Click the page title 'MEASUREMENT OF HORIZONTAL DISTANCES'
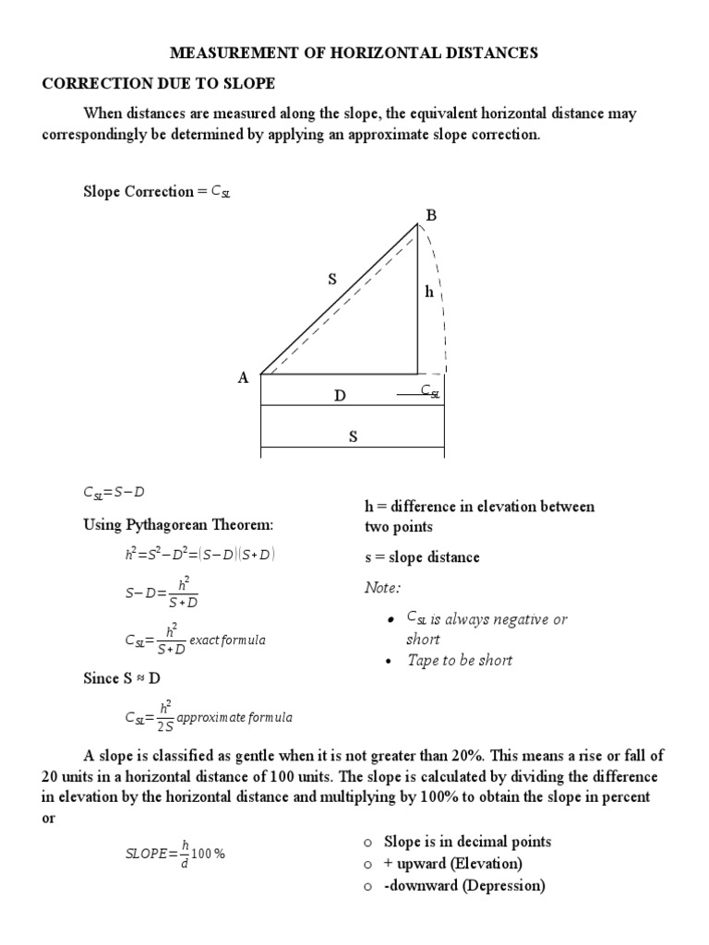[354, 54]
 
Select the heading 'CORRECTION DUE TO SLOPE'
[159, 84]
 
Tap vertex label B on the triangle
[429, 215]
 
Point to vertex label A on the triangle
[244, 377]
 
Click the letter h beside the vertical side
[428, 292]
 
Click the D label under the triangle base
[340, 396]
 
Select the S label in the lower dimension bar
[352, 437]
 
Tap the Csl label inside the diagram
[430, 391]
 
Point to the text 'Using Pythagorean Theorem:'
[178, 525]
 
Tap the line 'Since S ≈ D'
[123, 678]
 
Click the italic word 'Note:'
[383, 588]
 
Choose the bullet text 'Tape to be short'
[460, 660]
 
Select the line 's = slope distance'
[422, 557]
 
